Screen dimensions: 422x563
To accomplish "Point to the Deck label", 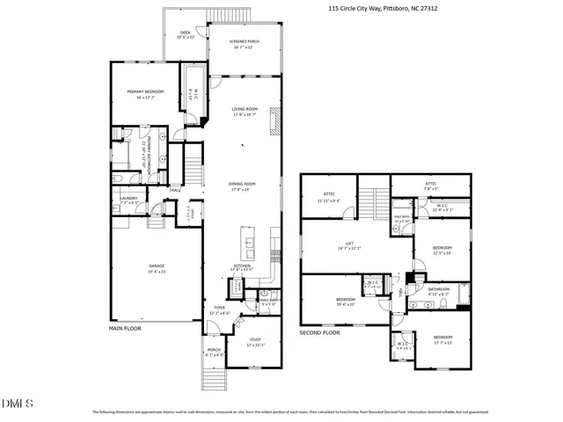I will pos(185,35).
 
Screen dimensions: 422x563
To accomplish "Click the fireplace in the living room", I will pos(274,119).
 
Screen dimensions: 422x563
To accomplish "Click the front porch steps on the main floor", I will pos(216,379).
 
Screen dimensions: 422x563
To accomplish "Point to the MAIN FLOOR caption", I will pos(124,328).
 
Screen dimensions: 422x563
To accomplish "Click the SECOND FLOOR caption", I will pos(319,334).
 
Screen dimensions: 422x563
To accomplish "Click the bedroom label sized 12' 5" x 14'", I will pos(442,250).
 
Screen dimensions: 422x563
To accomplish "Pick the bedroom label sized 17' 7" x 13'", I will pos(442,338).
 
